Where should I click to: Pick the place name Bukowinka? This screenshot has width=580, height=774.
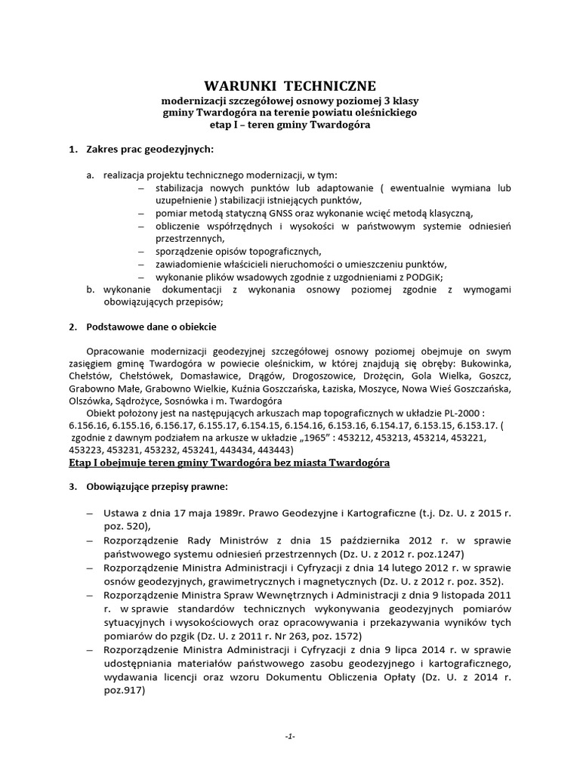(x=484, y=364)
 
